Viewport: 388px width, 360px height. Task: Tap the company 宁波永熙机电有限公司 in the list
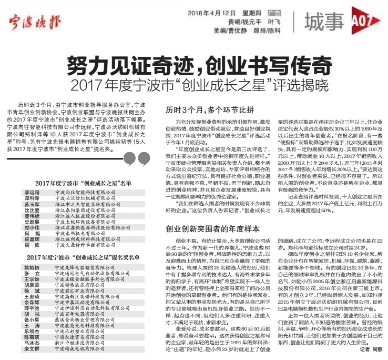click(83, 232)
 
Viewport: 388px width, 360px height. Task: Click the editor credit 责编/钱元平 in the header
click(245, 22)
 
